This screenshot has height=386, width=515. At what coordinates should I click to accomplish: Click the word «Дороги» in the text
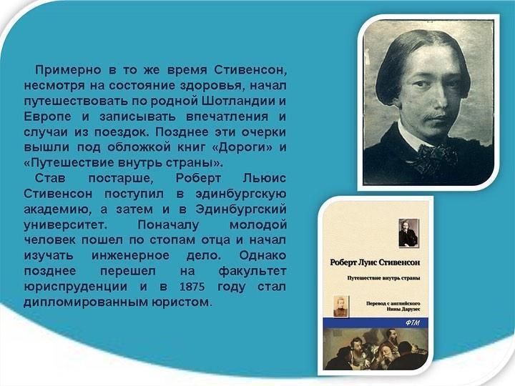tap(242, 147)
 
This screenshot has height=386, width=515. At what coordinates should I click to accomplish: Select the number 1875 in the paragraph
tap(192, 287)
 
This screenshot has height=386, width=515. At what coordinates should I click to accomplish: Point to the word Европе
tap(47, 117)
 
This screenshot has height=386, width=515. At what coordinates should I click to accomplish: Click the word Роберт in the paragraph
tap(198, 179)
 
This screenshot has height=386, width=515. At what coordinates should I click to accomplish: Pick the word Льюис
tap(265, 178)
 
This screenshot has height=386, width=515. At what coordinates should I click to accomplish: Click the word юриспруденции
tap(76, 287)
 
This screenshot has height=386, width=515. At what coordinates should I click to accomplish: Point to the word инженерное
tap(130, 255)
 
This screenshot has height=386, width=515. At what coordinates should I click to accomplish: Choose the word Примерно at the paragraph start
tap(68, 70)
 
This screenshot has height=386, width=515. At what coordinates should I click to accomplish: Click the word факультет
tap(252, 272)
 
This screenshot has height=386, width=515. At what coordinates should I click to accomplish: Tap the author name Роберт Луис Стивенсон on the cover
tap(375, 262)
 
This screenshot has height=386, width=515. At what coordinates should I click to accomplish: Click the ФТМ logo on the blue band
tap(413, 323)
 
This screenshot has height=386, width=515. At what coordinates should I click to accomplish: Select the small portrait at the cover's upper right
tap(408, 233)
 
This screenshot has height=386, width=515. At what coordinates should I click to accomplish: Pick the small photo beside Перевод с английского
tap(341, 306)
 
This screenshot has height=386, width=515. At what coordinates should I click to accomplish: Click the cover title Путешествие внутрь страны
tap(384, 278)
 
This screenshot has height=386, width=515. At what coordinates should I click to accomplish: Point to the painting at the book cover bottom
tap(376, 349)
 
